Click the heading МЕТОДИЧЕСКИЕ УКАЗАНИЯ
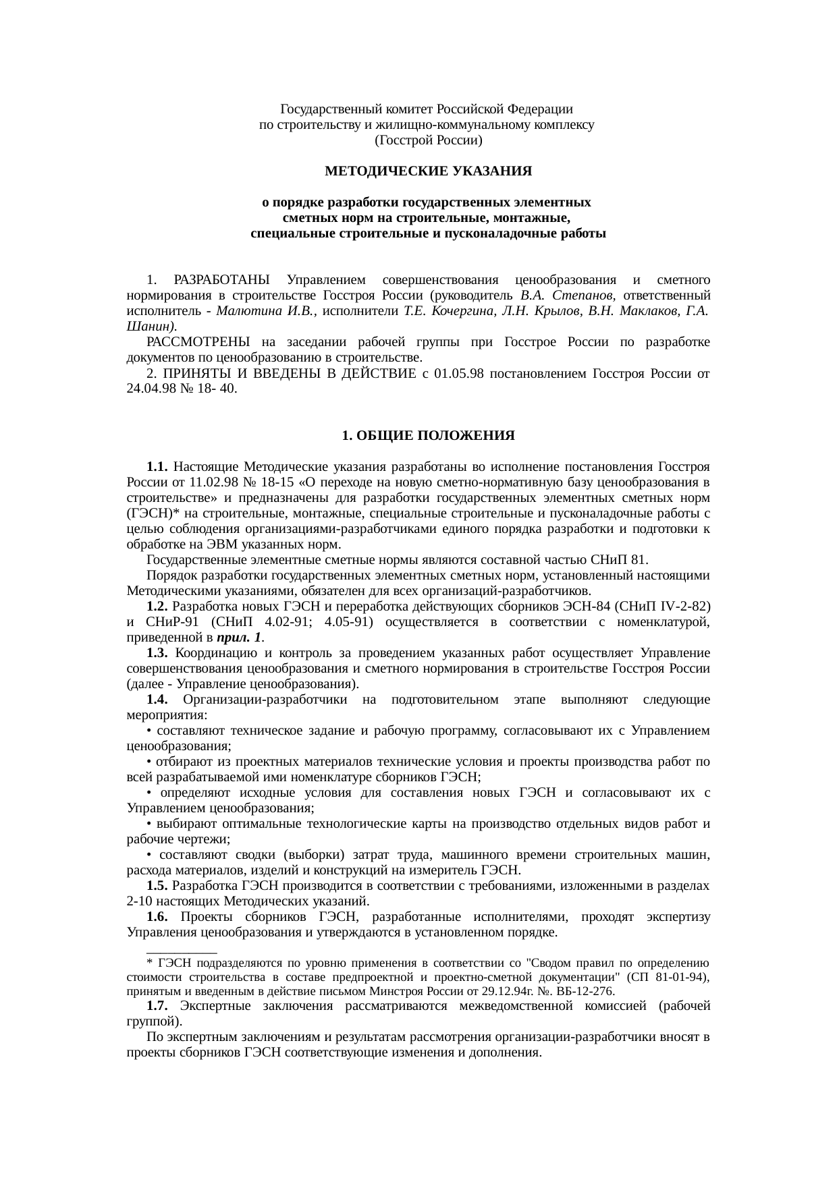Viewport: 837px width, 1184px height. point(428,172)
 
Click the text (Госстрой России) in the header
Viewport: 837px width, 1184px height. point(428,140)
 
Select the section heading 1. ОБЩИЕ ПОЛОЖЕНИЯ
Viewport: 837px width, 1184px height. point(428,436)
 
